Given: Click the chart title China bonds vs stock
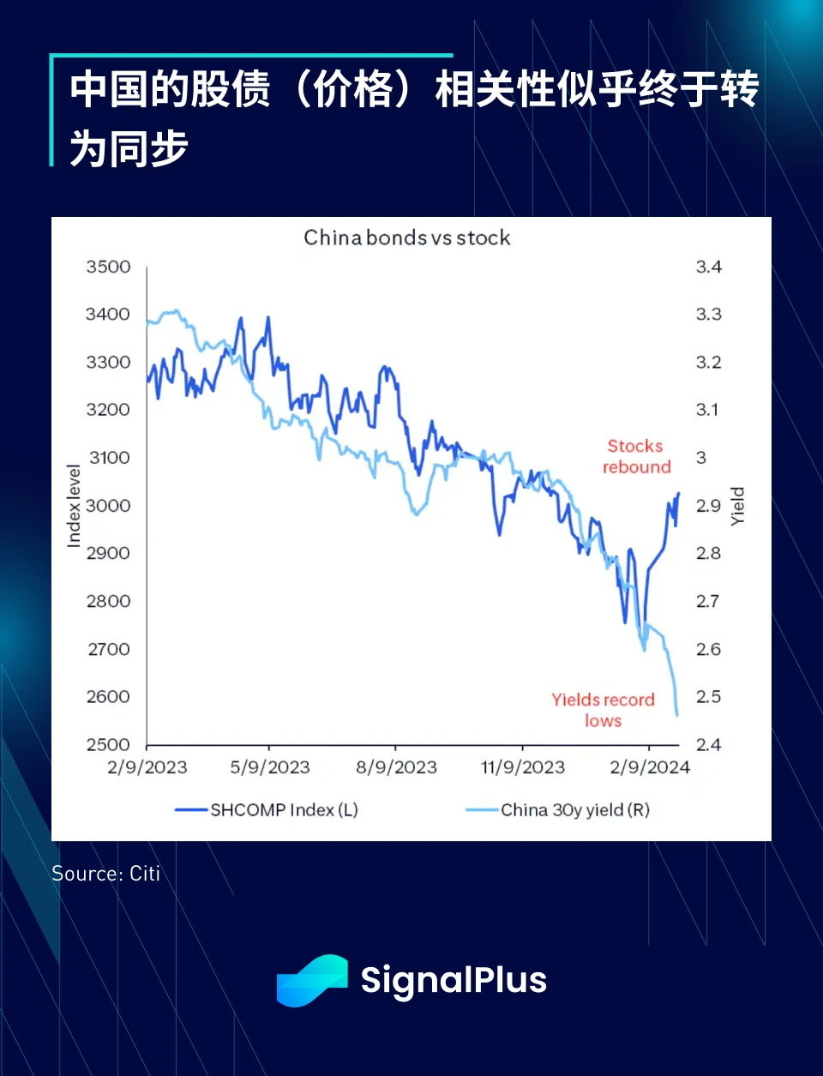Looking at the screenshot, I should (407, 237).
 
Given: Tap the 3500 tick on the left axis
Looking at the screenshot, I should (108, 267).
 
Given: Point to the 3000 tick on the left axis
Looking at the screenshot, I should (108, 506).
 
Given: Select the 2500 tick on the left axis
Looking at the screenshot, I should (108, 744).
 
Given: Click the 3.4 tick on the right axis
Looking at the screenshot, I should (708, 267).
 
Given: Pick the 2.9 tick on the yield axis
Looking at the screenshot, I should (708, 506).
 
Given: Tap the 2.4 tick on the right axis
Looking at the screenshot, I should (708, 744).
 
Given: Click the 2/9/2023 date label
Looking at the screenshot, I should (147, 767).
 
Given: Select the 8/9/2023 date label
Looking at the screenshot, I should (396, 767).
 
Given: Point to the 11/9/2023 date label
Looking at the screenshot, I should (523, 767).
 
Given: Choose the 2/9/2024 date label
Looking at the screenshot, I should (650, 767).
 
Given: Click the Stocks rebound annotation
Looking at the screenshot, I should (636, 456).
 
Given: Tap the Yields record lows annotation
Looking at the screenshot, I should (603, 710).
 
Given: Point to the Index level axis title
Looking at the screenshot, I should (74, 506).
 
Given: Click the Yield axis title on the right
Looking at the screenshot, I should (737, 506).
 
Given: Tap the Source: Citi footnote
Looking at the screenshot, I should (106, 874).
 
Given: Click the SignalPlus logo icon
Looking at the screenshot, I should (312, 980).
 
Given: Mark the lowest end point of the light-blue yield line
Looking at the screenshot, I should (677, 715).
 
